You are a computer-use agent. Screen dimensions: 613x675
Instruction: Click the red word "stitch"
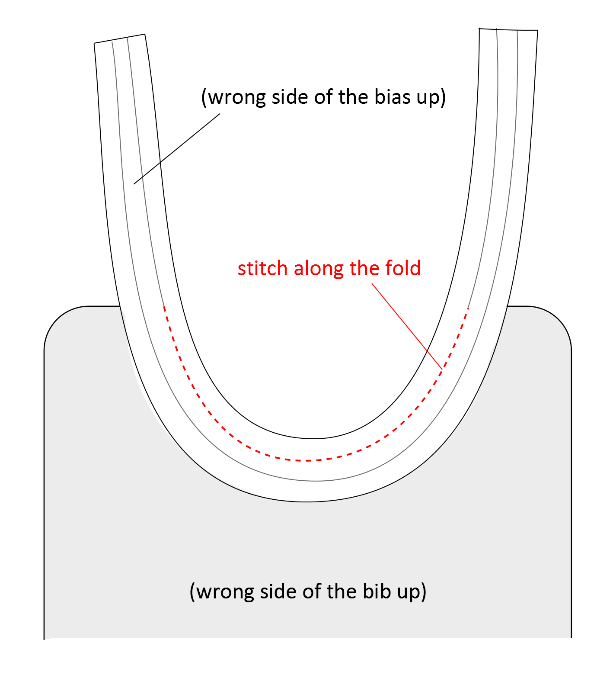pyautogui.click(x=262, y=269)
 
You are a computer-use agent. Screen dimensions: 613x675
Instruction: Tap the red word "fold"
pyautogui.click(x=403, y=269)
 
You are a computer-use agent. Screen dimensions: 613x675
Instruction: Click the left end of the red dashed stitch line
pyautogui.click(x=164, y=306)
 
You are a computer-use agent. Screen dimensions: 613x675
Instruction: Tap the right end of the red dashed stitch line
pyautogui.click(x=468, y=309)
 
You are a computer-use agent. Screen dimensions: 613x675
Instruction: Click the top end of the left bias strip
pyautogui.click(x=120, y=39)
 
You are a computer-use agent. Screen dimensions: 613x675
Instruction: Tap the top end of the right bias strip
pyautogui.click(x=508, y=29)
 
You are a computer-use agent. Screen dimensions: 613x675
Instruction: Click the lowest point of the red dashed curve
pyautogui.click(x=308, y=460)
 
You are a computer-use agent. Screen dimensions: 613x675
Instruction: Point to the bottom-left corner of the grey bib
pyautogui.click(x=45, y=638)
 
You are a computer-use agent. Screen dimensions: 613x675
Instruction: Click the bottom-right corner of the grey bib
pyautogui.click(x=571, y=637)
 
